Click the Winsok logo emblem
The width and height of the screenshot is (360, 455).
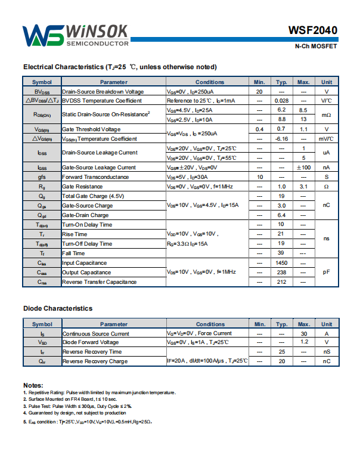coord(43,36)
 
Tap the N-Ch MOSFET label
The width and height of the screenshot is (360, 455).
coord(316,47)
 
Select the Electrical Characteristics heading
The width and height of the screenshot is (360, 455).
coord(120,67)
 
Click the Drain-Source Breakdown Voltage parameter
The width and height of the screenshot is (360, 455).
coord(103,92)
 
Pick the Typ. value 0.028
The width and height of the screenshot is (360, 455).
coord(281,101)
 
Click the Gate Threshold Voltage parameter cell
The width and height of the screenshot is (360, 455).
coord(91,129)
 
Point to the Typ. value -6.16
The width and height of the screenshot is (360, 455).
coord(281,139)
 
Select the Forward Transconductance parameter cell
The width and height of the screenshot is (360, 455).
coord(95,177)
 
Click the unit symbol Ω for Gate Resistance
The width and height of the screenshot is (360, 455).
coord(326,187)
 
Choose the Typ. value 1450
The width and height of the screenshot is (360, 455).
coord(281,263)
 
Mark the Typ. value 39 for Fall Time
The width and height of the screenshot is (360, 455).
coord(281,253)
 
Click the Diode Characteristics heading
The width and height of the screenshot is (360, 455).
coord(58,308)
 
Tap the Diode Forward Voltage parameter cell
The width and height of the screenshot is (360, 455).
coord(90,342)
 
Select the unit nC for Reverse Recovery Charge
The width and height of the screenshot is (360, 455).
coord(326,361)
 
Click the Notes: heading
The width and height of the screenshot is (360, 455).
coord(33,385)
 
